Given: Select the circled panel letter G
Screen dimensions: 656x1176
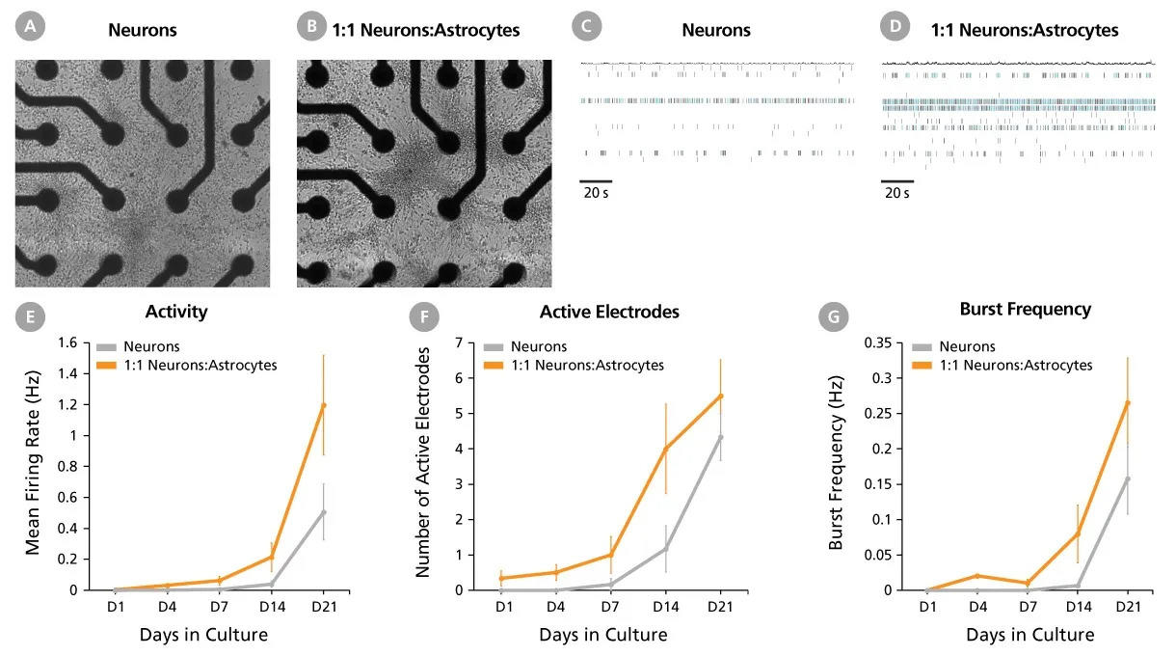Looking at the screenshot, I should pos(831,315).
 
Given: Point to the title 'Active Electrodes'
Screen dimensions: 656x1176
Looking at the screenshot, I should pos(609,312).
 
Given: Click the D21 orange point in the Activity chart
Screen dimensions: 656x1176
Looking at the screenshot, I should pos(323,405).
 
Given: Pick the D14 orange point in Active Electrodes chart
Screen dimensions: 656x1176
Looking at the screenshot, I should pos(665,448).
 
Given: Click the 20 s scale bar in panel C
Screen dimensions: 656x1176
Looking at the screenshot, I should pos(596,180).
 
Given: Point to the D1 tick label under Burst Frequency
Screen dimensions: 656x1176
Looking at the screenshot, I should pos(928,607).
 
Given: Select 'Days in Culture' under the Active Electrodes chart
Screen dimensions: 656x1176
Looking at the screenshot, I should pos(603,635).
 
